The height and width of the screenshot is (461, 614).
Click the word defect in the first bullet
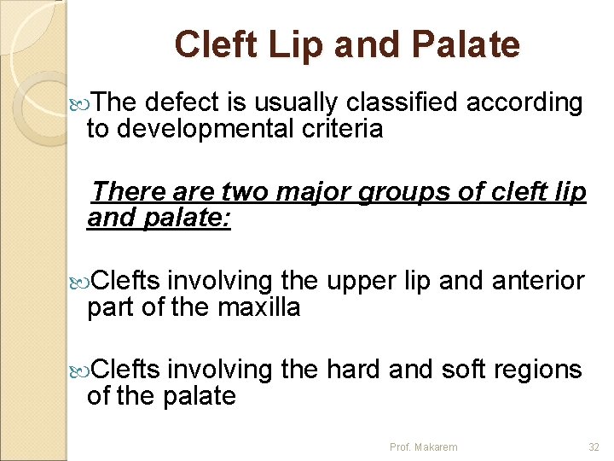click(184, 103)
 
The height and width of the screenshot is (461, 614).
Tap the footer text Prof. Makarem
click(423, 446)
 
